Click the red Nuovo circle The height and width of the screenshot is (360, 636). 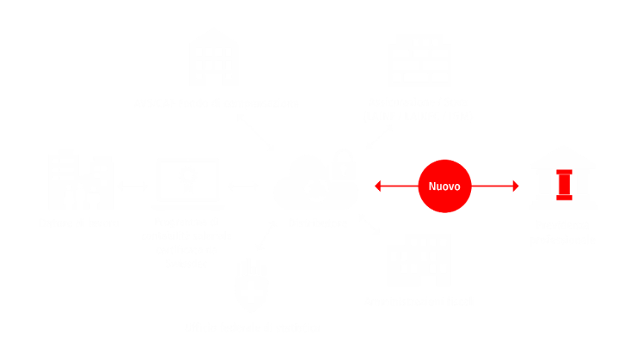pyautogui.click(x=444, y=186)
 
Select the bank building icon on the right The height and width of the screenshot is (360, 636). pyautogui.click(x=563, y=178)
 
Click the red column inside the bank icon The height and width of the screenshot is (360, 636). pyautogui.click(x=563, y=185)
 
